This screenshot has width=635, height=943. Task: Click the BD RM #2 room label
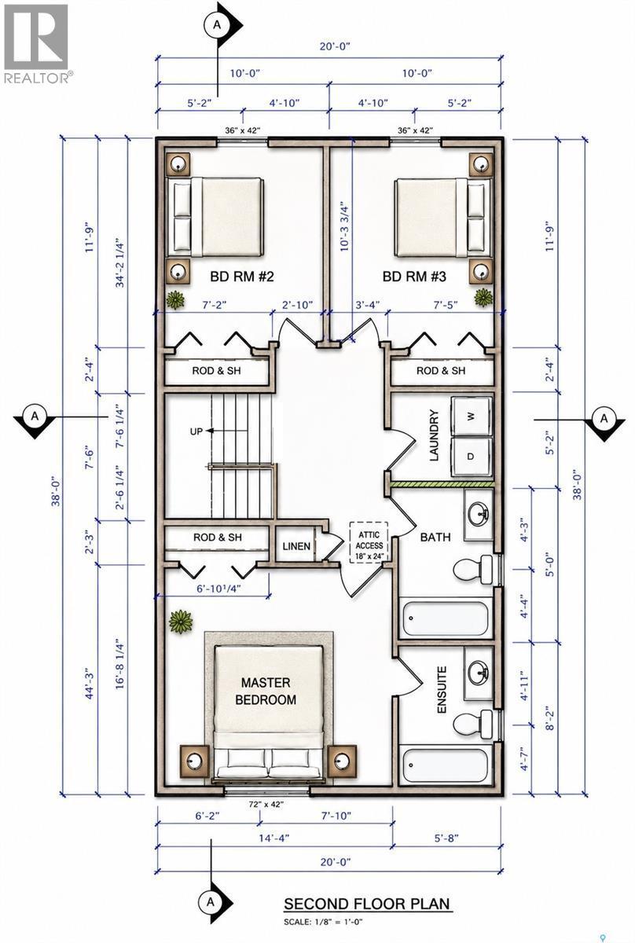(x=242, y=277)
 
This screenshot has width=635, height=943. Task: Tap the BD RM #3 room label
(x=414, y=277)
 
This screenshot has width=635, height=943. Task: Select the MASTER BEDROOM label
(x=266, y=692)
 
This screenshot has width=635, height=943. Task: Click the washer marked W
(x=472, y=416)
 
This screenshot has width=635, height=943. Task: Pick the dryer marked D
(x=472, y=457)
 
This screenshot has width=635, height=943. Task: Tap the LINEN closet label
(x=296, y=546)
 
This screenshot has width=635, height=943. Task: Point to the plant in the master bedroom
(x=181, y=622)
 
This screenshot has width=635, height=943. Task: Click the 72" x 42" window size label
(x=266, y=804)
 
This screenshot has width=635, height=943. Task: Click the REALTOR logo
(x=37, y=43)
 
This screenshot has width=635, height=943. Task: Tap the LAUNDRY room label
(x=435, y=435)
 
